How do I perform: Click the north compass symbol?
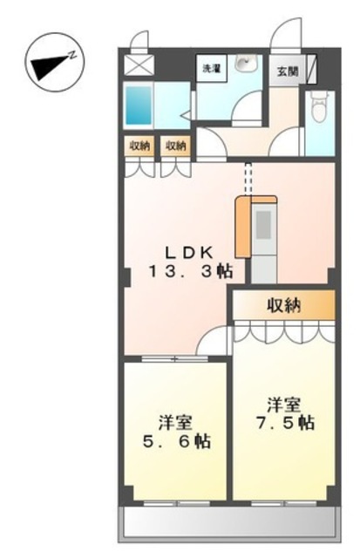pyautogui.click(x=56, y=62)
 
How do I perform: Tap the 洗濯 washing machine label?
pyautogui.click(x=211, y=68)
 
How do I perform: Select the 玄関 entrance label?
pyautogui.click(x=288, y=71)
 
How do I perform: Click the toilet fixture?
pyautogui.click(x=318, y=105)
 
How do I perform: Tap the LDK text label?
pyautogui.click(x=189, y=253)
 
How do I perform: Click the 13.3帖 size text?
pyautogui.click(x=191, y=272)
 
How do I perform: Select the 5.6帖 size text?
pyautogui.click(x=176, y=441)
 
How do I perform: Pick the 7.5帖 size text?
pyautogui.click(x=285, y=422)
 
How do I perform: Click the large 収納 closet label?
pyautogui.click(x=284, y=305)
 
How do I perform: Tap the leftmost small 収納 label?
pyautogui.click(x=139, y=146)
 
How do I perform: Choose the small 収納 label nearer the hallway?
pyautogui.click(x=175, y=146)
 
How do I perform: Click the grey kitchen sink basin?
pyautogui.click(x=264, y=225)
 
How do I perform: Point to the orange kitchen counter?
pyautogui.click(x=243, y=227)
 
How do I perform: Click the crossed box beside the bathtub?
pyautogui.click(x=139, y=65)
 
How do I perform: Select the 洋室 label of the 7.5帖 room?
pyautogui.click(x=284, y=405)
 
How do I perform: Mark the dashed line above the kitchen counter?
pyautogui.click(x=248, y=180)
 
